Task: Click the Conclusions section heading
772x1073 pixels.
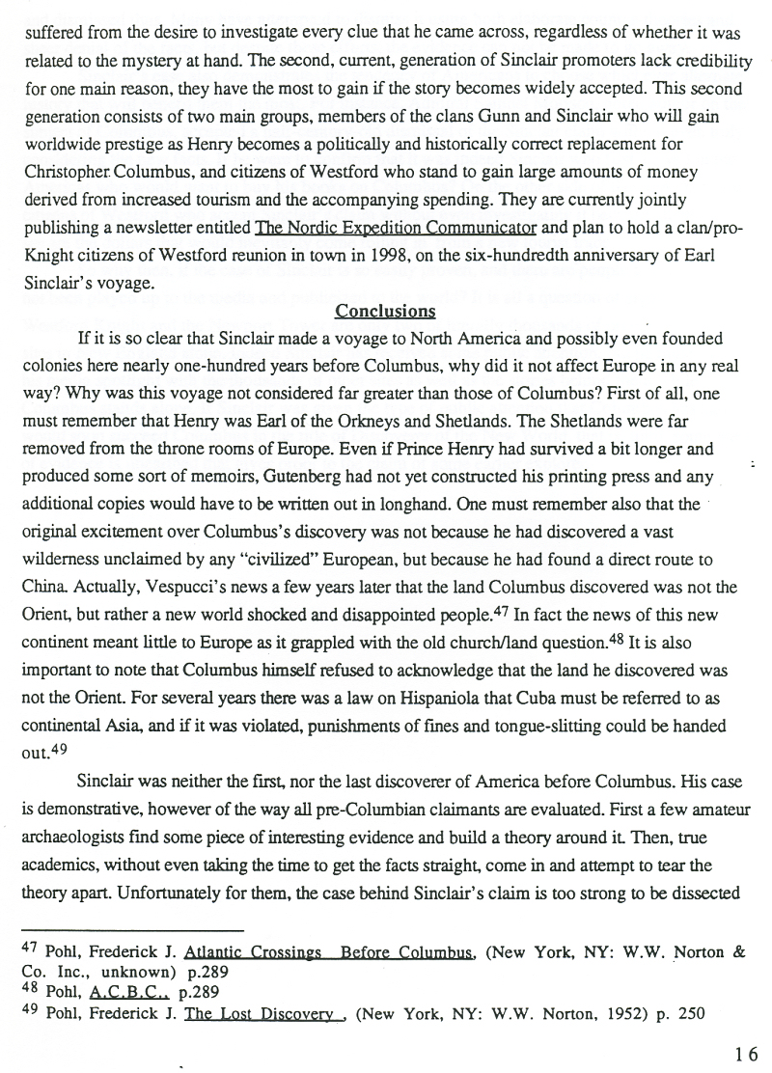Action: (385, 312)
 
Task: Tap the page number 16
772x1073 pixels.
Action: (747, 1054)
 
